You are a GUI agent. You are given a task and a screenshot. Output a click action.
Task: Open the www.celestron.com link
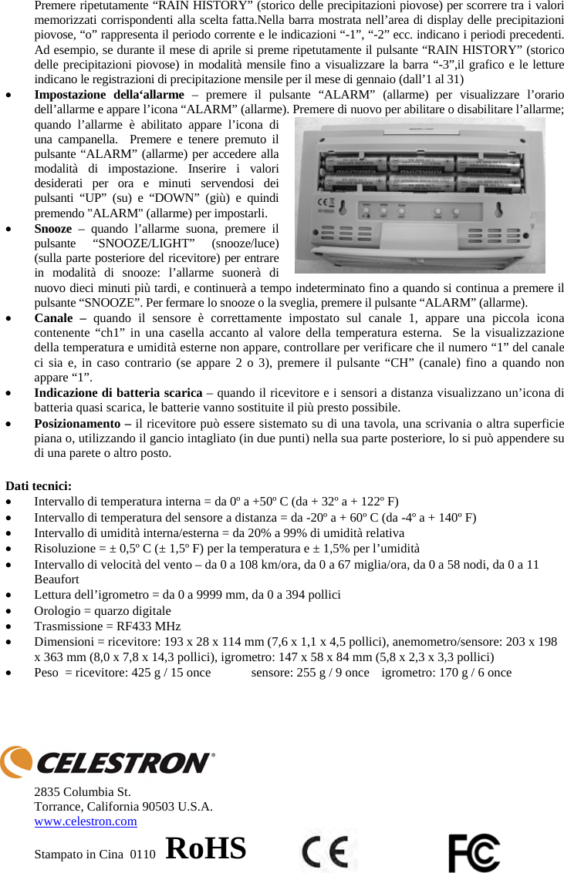coord(86,821)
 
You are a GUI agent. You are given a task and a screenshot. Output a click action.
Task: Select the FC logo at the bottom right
coord(473,852)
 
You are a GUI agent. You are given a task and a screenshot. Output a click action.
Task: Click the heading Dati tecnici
coord(39,485)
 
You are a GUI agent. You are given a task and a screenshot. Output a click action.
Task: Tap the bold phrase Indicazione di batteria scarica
coord(118,393)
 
